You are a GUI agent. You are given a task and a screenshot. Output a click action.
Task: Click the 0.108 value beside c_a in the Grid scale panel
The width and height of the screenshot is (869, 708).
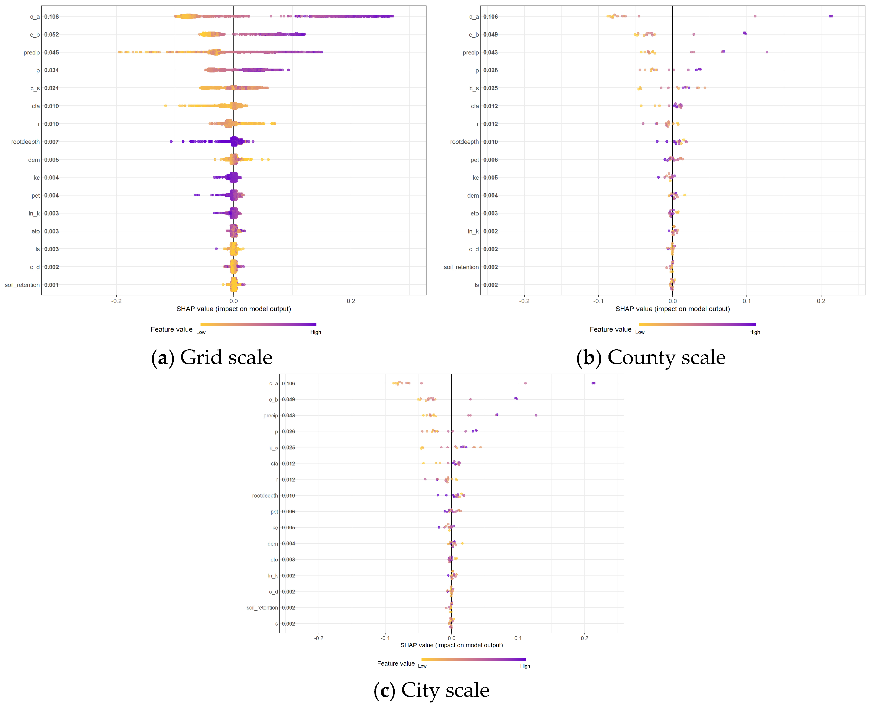(51, 17)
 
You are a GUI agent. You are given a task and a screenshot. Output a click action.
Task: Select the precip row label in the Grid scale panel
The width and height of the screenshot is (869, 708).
(32, 53)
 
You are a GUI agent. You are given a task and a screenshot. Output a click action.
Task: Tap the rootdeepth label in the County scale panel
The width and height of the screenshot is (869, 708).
(464, 142)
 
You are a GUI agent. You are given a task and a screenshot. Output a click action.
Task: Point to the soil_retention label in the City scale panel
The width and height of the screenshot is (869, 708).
(262, 608)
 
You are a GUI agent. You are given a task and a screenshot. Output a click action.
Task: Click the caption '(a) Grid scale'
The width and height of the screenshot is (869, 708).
(212, 358)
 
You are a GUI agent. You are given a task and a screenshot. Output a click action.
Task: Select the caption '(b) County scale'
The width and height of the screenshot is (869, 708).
(651, 358)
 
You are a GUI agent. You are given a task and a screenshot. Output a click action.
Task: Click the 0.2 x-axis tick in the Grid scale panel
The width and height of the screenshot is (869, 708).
(351, 301)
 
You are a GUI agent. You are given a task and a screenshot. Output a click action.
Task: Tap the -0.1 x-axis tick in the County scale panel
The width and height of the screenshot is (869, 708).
(598, 301)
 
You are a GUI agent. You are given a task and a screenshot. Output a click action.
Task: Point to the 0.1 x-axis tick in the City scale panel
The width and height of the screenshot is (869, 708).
(518, 638)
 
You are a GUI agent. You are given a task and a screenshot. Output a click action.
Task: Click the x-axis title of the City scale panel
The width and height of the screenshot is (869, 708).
(451, 645)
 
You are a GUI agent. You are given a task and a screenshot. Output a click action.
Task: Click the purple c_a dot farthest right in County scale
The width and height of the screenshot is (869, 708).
(831, 16)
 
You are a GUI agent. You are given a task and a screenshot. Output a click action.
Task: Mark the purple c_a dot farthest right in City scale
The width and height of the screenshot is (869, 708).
(594, 383)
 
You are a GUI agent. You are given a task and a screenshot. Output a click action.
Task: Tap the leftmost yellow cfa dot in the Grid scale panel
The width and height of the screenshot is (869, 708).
(166, 106)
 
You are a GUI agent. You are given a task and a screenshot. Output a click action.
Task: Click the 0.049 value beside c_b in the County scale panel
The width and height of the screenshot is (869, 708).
(491, 35)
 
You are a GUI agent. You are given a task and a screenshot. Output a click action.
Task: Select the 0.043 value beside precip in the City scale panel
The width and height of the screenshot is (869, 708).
(288, 416)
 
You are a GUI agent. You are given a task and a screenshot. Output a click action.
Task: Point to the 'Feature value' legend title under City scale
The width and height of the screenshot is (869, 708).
(396, 663)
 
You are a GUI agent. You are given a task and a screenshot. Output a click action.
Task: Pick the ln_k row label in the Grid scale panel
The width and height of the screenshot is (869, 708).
(34, 213)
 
